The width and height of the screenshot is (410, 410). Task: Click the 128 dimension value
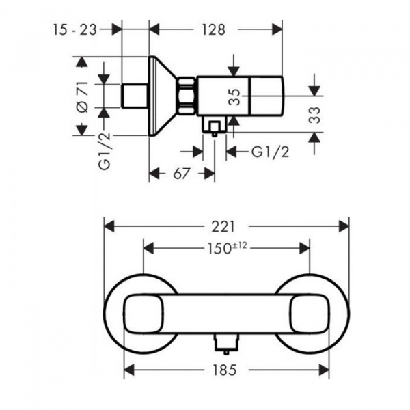tap(213, 30)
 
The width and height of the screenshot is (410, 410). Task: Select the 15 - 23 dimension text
tap(75, 29)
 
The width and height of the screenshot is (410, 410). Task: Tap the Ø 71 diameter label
tap(83, 97)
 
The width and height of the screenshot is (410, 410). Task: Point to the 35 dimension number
tap(234, 97)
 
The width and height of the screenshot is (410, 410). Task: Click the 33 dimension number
tap(314, 115)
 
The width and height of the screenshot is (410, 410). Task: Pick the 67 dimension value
tap(182, 174)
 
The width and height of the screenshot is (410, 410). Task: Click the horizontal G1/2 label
tap(271, 152)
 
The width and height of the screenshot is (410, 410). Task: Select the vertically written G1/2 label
tap(105, 152)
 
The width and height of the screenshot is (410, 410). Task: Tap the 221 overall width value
tap(223, 226)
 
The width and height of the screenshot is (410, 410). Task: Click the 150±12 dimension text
tap(227, 248)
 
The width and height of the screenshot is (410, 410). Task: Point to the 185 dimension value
tap(224, 370)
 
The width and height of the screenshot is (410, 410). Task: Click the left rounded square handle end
tap(143, 314)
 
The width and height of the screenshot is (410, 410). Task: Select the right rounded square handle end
tap(310, 314)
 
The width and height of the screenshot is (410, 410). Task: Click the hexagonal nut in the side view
tap(187, 96)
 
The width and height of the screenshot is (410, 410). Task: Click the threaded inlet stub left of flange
tap(135, 96)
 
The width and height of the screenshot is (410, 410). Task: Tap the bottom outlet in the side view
tap(215, 126)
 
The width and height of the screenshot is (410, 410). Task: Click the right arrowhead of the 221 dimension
tap(344, 226)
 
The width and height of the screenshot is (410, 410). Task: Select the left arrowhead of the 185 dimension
tap(129, 370)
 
